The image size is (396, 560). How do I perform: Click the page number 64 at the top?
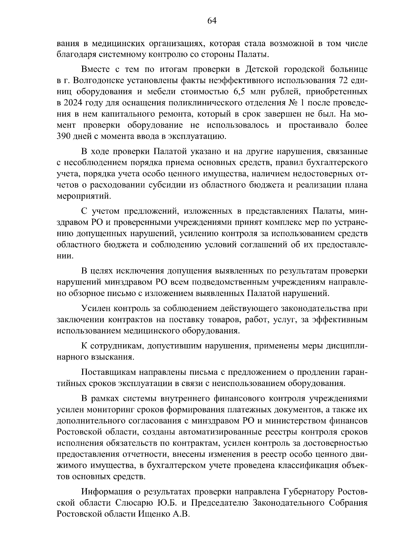[212, 21]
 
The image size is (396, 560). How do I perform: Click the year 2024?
[74, 103]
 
